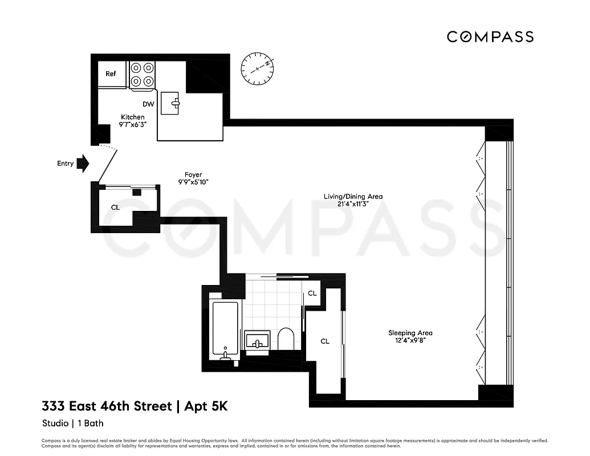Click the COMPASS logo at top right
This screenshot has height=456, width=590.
click(x=490, y=37)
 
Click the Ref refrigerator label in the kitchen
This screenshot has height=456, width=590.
click(x=111, y=74)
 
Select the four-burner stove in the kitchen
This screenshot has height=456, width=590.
click(x=143, y=75)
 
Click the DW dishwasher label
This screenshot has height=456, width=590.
click(x=149, y=104)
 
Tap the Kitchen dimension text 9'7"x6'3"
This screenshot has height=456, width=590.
click(x=132, y=124)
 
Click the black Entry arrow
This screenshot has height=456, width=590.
click(x=83, y=164)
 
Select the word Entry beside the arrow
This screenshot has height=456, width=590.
click(x=66, y=164)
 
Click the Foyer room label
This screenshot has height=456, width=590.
click(x=193, y=174)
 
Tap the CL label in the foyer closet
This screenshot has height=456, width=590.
click(x=115, y=207)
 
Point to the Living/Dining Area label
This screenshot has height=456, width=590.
click(x=353, y=197)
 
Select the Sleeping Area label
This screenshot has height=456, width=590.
click(x=410, y=333)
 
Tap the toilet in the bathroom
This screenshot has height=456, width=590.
click(x=286, y=339)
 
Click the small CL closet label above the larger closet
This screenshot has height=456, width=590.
click(x=312, y=294)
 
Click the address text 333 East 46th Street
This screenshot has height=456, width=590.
click(x=107, y=407)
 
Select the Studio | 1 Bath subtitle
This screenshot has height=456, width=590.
click(x=73, y=424)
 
